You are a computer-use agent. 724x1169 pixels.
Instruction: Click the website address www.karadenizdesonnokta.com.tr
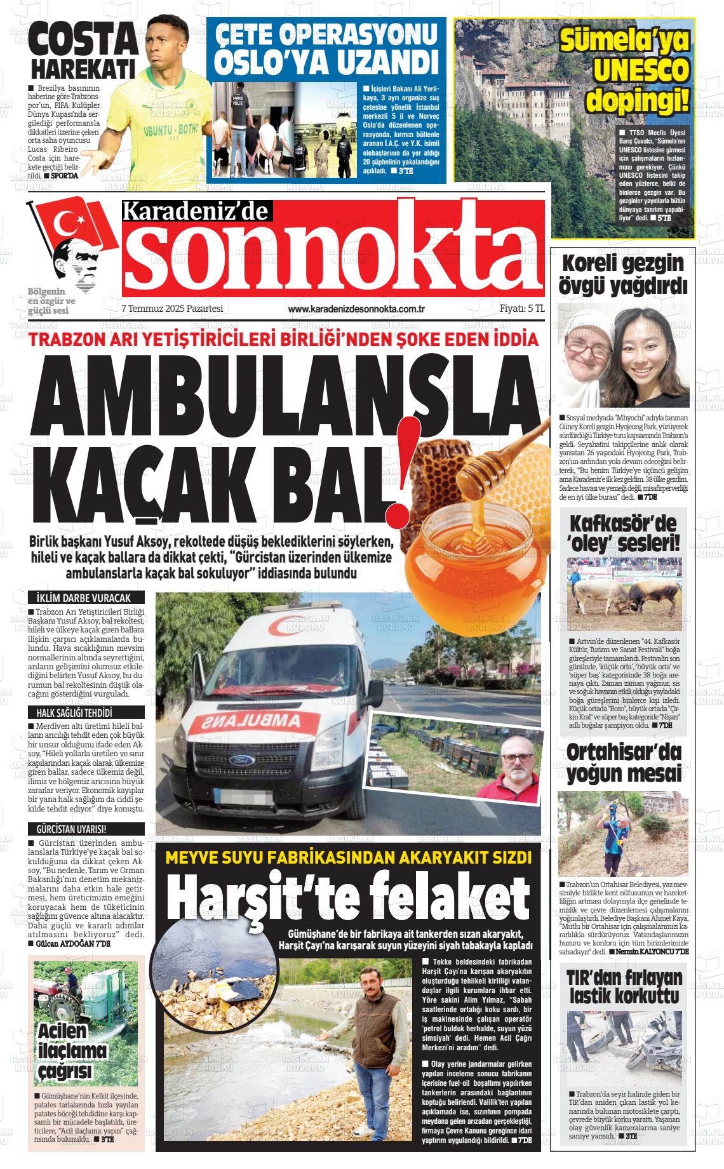(x=356, y=309)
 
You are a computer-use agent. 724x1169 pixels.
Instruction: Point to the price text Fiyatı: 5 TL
(x=522, y=309)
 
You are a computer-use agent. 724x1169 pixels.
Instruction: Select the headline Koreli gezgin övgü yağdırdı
(x=622, y=274)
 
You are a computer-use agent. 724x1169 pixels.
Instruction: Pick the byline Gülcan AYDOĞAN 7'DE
(x=69, y=944)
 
